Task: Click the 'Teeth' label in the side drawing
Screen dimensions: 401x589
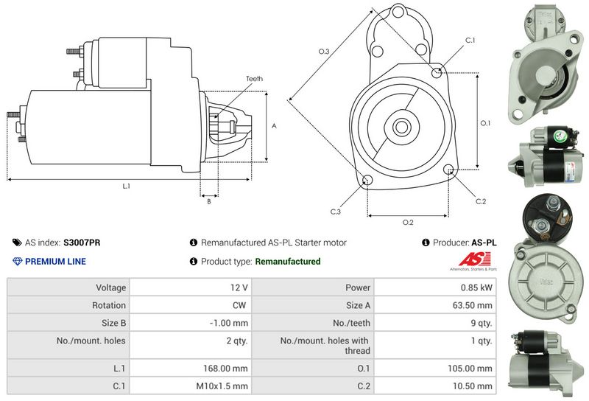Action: click(254, 79)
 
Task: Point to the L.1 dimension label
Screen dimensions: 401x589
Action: click(126, 186)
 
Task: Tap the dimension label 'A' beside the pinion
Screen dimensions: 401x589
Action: click(274, 125)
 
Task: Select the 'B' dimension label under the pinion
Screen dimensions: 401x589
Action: click(209, 201)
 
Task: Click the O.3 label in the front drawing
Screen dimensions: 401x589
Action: click(323, 51)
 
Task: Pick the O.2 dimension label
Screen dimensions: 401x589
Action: click(407, 222)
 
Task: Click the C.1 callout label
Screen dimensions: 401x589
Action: click(470, 40)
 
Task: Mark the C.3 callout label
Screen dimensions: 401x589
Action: click(335, 212)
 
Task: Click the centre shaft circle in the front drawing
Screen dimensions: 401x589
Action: click(402, 126)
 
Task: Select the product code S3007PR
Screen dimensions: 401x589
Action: click(82, 243)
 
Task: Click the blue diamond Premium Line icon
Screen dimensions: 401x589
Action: click(18, 261)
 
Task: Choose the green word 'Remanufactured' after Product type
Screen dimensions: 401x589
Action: click(287, 261)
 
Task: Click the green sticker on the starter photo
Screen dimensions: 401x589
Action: click(559, 136)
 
